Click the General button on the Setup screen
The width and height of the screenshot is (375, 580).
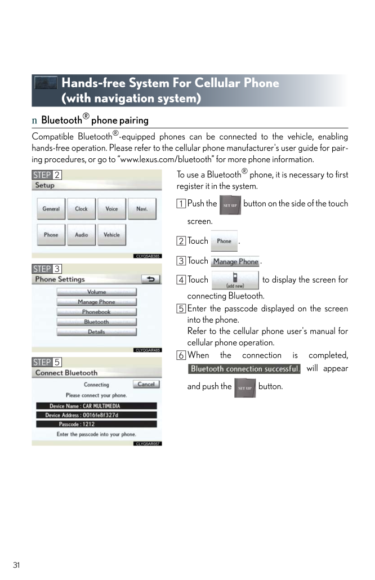tap(51, 208)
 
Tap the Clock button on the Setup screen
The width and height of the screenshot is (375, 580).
tap(82, 208)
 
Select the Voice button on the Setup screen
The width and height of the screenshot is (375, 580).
tap(112, 208)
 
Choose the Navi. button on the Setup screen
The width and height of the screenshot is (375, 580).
tap(142, 208)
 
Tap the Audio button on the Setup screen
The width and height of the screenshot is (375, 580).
tap(82, 235)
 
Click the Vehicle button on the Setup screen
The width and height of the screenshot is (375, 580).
tap(112, 235)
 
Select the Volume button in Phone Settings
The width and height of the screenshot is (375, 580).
tap(96, 292)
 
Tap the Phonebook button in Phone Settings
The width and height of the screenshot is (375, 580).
tap(96, 312)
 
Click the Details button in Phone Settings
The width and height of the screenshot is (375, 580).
tap(96, 332)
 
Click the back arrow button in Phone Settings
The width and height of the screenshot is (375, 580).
tap(150, 279)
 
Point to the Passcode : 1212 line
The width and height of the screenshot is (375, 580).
tap(96, 424)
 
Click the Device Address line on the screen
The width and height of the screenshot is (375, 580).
tap(96, 415)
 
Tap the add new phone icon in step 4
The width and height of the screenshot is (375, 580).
tap(235, 280)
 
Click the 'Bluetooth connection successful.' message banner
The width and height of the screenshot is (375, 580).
tap(244, 369)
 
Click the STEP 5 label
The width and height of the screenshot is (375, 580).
tap(47, 362)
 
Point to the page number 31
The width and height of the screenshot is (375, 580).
tap(17, 565)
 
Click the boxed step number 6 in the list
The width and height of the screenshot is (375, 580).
tap(181, 355)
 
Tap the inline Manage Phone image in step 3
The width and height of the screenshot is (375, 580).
tap(235, 262)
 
